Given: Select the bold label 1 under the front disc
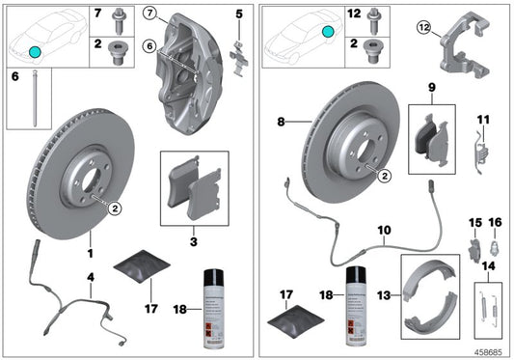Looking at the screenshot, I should pos(91,254).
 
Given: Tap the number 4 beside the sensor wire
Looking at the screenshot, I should pos(91,278).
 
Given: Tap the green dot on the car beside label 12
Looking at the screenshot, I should pos(330,33).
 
